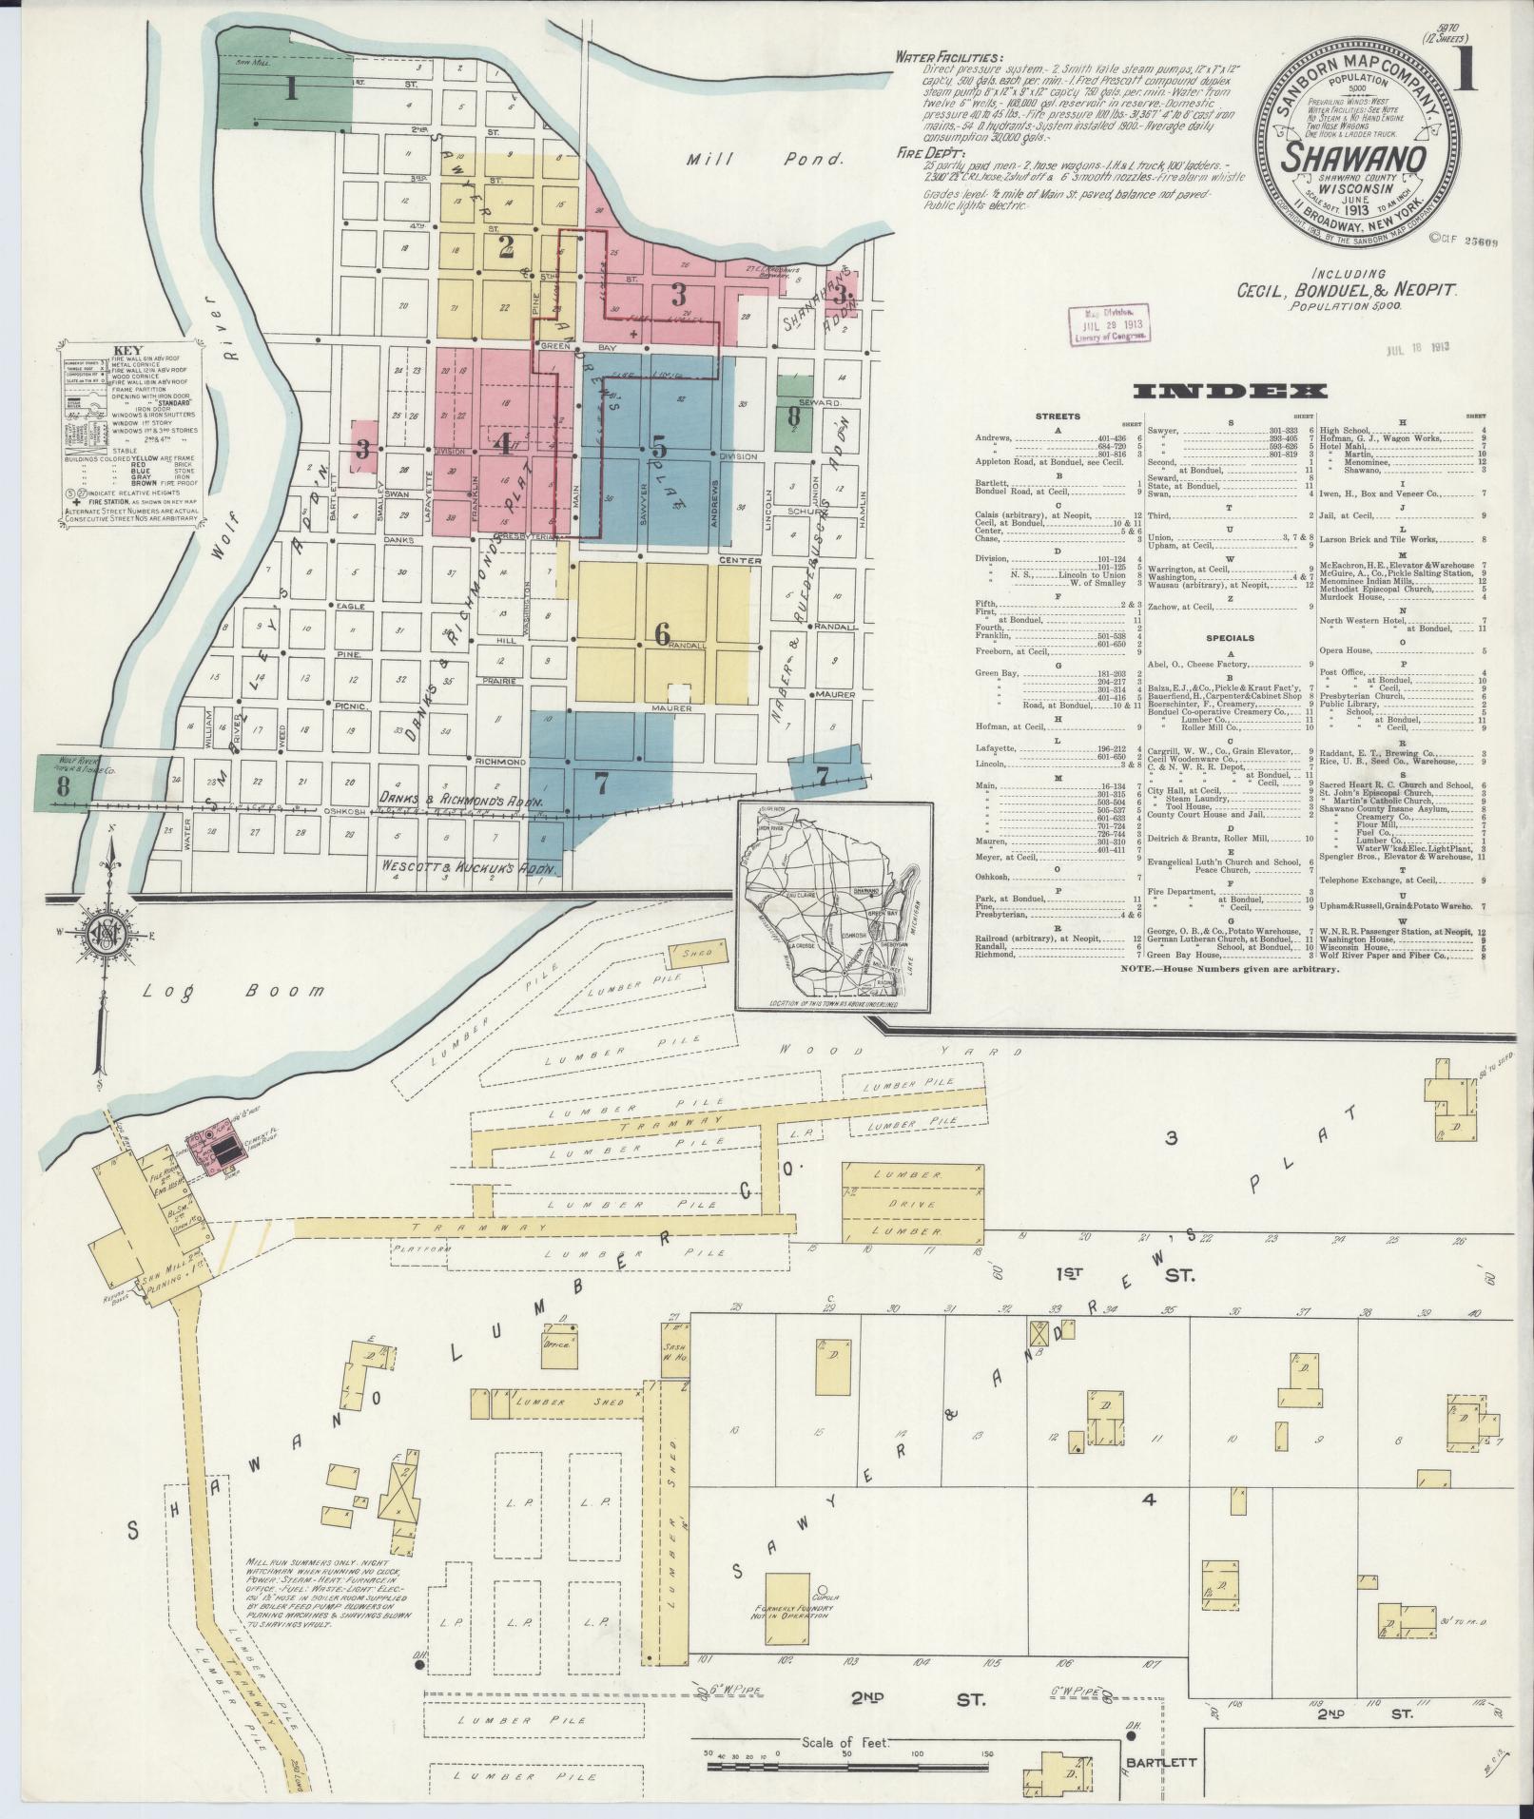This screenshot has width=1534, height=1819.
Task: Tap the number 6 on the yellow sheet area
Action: tap(662, 636)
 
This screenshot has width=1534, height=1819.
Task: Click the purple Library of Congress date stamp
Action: tap(1111, 323)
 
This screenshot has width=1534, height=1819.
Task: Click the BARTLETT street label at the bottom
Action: tap(1157, 1761)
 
